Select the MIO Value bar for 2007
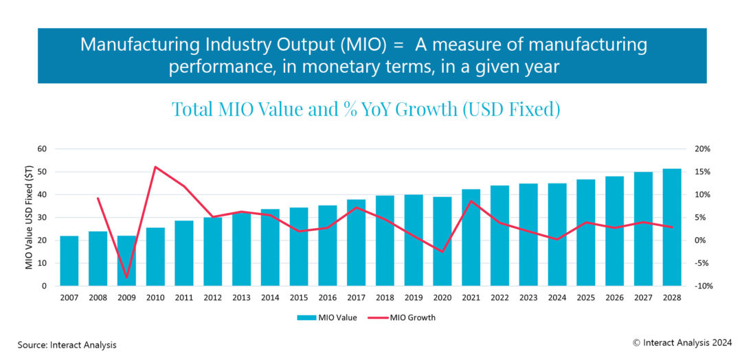69,261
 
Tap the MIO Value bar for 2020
442,241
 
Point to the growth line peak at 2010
155,166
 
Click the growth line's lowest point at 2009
126,278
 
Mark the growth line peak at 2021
471,201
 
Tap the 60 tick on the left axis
42,149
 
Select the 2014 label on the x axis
270,297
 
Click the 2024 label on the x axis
556,297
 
